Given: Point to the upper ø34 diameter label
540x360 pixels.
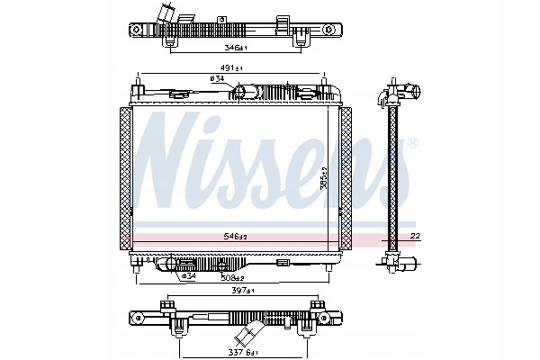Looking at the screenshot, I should tap(217, 78).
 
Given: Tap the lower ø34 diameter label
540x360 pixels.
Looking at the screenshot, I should tap(188, 275).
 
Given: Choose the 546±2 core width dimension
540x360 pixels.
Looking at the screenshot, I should tap(237, 238).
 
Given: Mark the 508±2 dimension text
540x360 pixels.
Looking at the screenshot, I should tap(237, 277).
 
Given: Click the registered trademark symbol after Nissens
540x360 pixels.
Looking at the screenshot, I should tap(412, 142).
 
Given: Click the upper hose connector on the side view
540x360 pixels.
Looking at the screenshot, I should tap(409, 92).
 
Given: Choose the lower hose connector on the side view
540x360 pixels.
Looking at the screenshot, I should tap(409, 263).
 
